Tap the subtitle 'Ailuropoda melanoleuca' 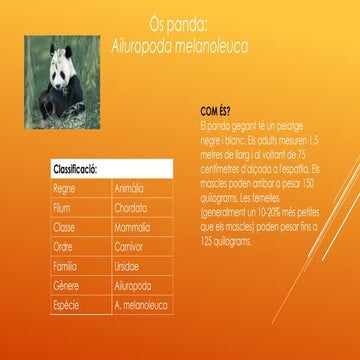click(179, 47)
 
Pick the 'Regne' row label click(65, 187)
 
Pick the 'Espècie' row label click(66, 305)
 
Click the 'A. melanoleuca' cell click(140, 305)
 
